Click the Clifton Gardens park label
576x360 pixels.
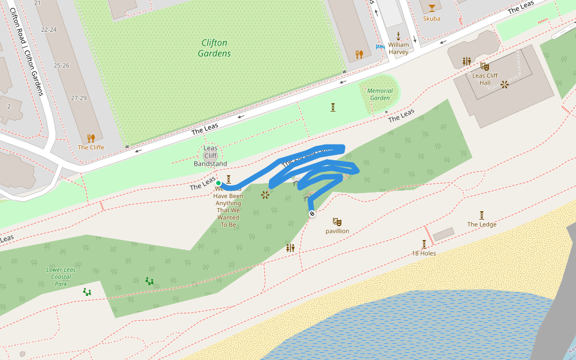tap(214, 48)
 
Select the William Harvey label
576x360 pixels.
tap(398, 48)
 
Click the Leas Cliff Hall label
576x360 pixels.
tap(485, 79)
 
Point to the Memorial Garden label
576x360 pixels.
tap(380, 94)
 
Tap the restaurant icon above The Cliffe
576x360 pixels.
tap(91, 139)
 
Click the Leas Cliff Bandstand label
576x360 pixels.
tap(210, 156)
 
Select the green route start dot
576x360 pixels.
tap(218, 183)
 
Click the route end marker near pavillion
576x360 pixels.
tap(311, 214)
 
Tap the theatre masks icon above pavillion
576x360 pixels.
tap(337, 222)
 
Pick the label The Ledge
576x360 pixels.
tap(482, 224)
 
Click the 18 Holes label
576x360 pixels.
tap(424, 253)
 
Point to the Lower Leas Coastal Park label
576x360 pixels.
tap(61, 277)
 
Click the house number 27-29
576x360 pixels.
tap(79, 98)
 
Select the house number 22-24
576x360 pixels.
tap(49, 29)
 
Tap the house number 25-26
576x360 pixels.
tap(61, 65)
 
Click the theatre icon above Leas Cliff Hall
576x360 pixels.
tap(484, 66)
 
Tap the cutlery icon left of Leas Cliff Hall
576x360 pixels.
tap(466, 61)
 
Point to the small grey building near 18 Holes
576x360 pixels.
tap(444, 234)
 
